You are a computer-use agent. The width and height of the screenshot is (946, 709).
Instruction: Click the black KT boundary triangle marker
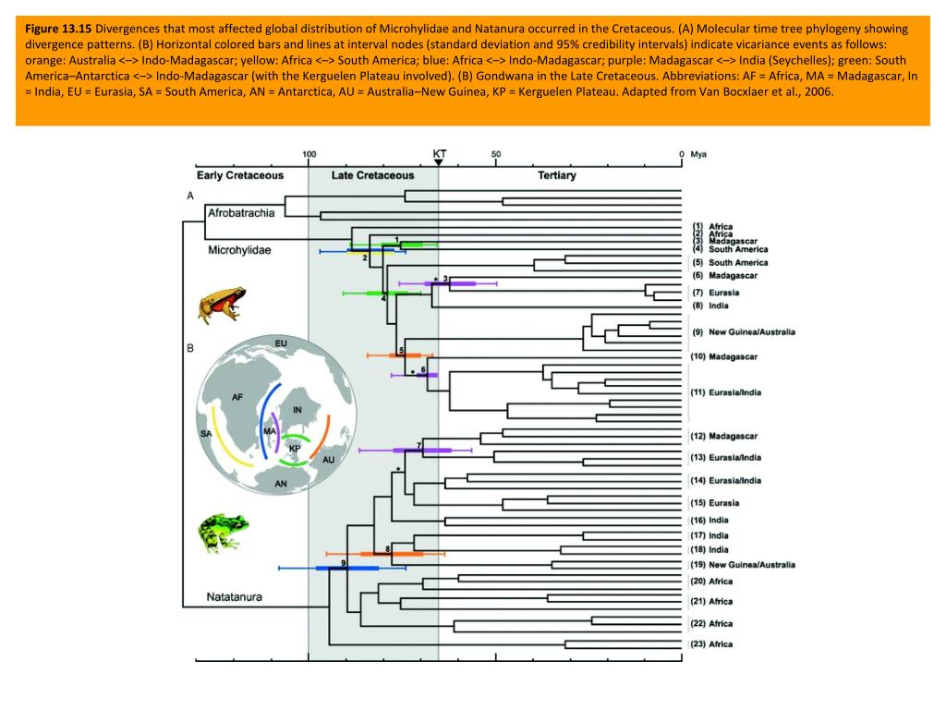(439, 163)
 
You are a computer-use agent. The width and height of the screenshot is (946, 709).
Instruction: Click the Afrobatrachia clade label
(241, 213)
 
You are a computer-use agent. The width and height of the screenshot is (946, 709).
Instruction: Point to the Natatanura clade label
(235, 597)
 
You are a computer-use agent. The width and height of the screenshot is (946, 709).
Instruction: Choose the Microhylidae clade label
(239, 250)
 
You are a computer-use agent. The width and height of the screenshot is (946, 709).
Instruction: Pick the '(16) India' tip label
(709, 521)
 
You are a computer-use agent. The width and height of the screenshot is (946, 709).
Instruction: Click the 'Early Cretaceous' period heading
(240, 175)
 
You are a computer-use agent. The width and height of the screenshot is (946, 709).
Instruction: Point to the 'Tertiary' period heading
(557, 175)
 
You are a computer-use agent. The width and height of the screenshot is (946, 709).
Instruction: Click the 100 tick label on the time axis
(309, 154)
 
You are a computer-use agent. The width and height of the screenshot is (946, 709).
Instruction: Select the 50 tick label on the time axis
(496, 154)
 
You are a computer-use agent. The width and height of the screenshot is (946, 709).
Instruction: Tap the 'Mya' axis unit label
(698, 154)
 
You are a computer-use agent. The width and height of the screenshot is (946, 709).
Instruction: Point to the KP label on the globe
(295, 449)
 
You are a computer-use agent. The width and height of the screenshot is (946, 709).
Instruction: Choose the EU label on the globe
(281, 344)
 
